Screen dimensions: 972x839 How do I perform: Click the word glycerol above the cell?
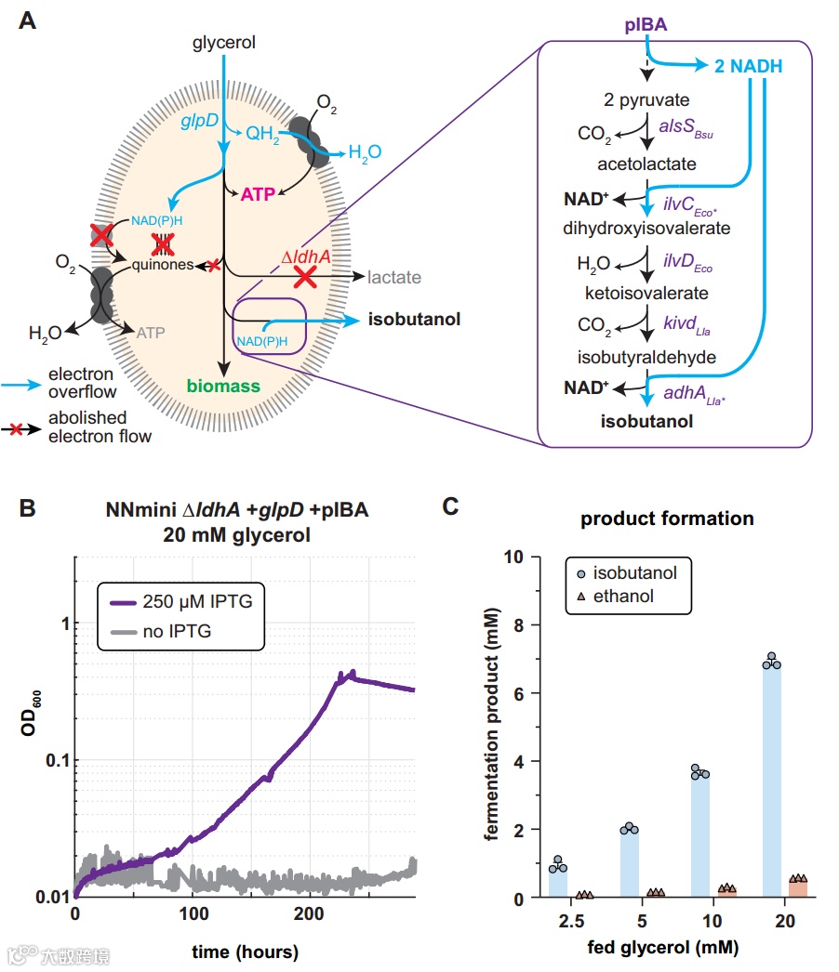coord(224,42)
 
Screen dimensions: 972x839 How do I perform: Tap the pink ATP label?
coord(259,195)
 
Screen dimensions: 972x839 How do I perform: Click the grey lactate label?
coord(394,277)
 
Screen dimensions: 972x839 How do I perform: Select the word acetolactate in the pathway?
coord(648,164)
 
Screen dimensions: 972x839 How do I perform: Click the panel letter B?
coord(28,508)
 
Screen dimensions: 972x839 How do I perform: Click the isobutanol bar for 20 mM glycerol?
coord(772,781)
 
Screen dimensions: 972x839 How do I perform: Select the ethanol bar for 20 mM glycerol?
coord(798,888)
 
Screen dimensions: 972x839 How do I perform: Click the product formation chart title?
coord(668,519)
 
